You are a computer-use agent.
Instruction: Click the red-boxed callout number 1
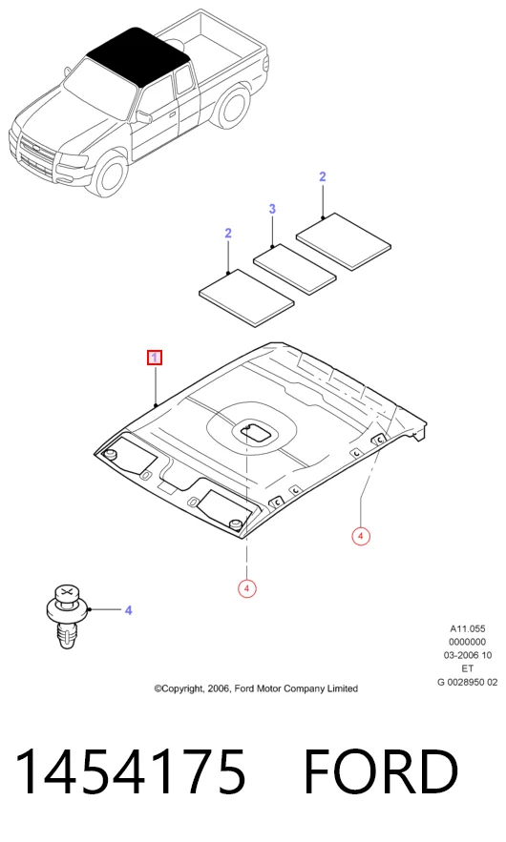tap(155, 358)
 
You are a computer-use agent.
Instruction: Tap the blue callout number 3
tap(272, 208)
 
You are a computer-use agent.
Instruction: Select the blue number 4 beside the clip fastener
tap(129, 610)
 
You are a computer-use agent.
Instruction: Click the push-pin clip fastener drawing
tap(66, 616)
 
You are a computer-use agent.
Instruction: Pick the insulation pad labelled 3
tap(295, 270)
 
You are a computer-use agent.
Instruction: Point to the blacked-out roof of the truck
tap(137, 56)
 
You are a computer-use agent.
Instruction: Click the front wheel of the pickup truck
tap(109, 174)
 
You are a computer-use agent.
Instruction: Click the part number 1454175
tap(131, 771)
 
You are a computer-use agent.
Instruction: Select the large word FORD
tap(381, 771)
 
